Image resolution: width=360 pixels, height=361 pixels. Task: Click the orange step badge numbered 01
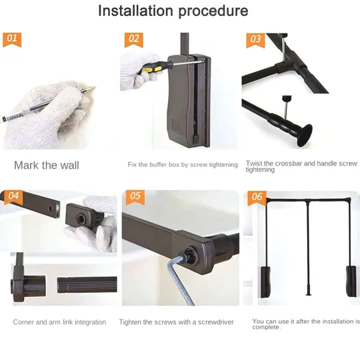pyautogui.click(x=12, y=39)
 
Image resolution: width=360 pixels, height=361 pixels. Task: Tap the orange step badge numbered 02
pyautogui.click(x=134, y=40)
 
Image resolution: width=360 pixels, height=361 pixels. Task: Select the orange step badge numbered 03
pyautogui.click(x=255, y=40)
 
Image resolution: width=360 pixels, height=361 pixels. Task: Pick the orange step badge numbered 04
pyautogui.click(x=13, y=198)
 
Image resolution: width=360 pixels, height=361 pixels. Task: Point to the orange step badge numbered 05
pyautogui.click(x=135, y=198)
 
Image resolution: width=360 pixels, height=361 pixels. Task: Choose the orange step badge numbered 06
pyautogui.click(x=257, y=198)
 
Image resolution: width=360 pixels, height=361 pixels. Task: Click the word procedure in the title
pyautogui.click(x=213, y=11)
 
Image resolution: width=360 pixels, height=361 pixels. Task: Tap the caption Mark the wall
pyautogui.click(x=47, y=165)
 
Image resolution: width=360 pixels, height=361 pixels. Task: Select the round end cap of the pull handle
pyautogui.click(x=305, y=136)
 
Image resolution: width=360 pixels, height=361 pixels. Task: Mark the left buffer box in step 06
pyautogui.click(x=265, y=282)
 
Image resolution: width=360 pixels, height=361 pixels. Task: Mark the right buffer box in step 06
pyautogui.click(x=351, y=282)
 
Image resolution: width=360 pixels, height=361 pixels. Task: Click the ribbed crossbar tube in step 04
pyautogui.click(x=87, y=285)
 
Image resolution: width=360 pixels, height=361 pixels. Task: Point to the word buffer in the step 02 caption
pyautogui.click(x=158, y=165)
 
